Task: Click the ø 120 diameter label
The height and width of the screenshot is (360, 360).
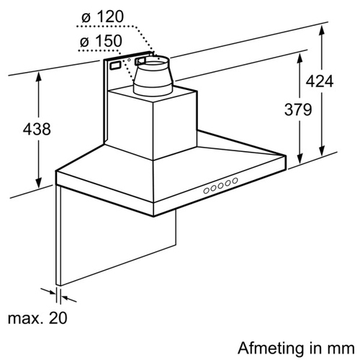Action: [103, 17]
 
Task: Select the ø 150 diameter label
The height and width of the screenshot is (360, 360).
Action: [101, 41]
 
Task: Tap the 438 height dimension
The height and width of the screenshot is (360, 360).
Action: [37, 129]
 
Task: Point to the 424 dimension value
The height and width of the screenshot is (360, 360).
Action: [320, 81]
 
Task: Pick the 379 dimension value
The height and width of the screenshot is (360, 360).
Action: [298, 109]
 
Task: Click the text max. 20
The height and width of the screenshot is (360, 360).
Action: [37, 318]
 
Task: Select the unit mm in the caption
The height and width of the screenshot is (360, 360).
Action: [341, 349]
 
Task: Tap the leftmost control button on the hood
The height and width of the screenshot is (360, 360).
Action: [206, 191]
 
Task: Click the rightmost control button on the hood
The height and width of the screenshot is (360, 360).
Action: [235, 180]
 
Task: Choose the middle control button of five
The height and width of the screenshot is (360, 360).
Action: [221, 186]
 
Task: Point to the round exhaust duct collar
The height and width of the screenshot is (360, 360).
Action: [153, 76]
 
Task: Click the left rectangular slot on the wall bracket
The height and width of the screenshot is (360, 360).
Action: [116, 66]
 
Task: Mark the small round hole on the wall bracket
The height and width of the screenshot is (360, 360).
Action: [129, 60]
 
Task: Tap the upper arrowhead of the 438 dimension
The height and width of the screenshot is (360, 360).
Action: [38, 77]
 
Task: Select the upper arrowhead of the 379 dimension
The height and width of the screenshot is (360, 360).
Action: [300, 58]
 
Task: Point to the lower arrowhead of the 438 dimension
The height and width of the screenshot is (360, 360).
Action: [38, 183]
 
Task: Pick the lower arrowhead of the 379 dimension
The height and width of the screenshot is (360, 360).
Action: [300, 159]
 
